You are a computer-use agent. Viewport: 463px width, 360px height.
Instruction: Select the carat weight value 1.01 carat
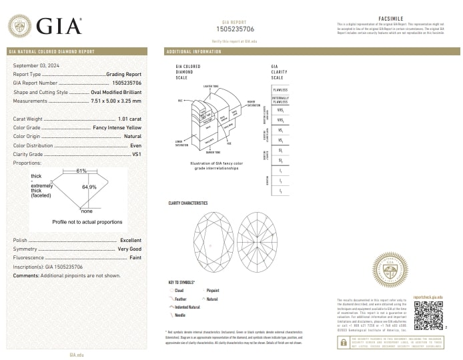tap(129, 118)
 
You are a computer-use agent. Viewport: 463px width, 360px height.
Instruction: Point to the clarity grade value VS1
tap(136, 154)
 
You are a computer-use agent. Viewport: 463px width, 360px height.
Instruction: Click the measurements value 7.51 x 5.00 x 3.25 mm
tap(115, 101)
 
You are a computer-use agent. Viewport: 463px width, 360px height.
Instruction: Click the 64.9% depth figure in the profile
tap(89, 187)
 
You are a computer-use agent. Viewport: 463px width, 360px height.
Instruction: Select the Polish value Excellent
tap(131, 239)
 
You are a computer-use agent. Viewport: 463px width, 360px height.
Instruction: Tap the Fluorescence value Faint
tap(135, 257)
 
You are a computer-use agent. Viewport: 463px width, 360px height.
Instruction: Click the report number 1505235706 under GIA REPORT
tap(236, 29)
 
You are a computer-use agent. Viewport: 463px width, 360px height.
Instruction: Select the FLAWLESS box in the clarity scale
tap(280, 89)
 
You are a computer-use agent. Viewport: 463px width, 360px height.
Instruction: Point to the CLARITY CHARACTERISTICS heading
tap(188, 203)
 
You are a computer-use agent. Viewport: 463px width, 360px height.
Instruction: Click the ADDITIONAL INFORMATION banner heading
tap(193, 51)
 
